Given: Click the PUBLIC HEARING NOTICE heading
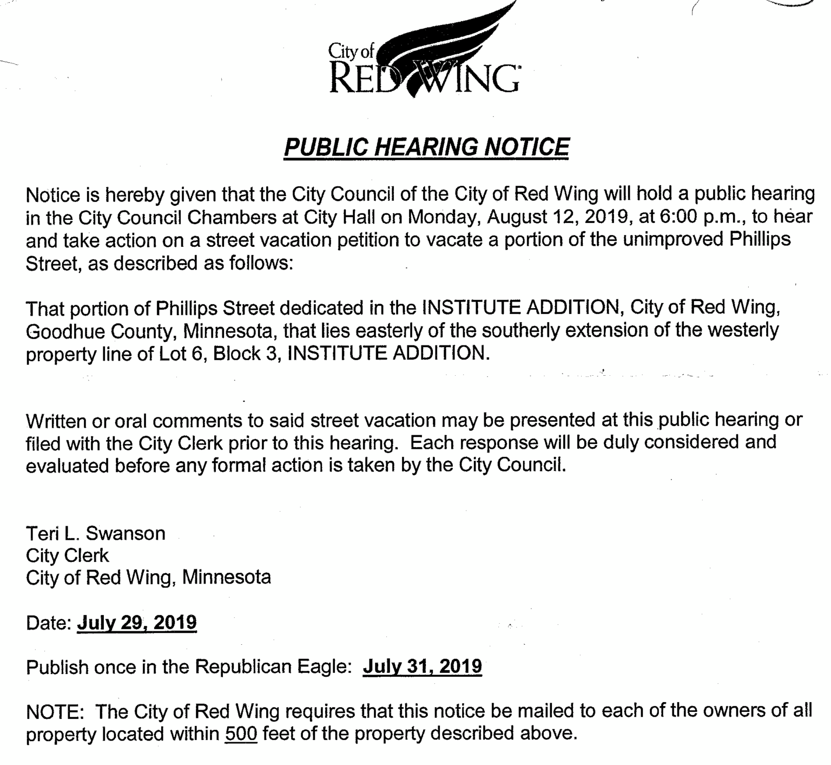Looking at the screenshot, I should [x=426, y=147].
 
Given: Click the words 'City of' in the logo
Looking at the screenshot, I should [x=351, y=51].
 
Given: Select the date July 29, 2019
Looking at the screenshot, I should [x=137, y=623].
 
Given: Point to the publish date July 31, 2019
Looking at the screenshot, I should [x=422, y=666].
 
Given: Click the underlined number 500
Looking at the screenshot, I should [x=241, y=734].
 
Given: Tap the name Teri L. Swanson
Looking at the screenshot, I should [x=96, y=533].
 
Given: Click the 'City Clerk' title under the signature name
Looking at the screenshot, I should [x=67, y=555].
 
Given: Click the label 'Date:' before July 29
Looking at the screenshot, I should [x=49, y=623].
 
